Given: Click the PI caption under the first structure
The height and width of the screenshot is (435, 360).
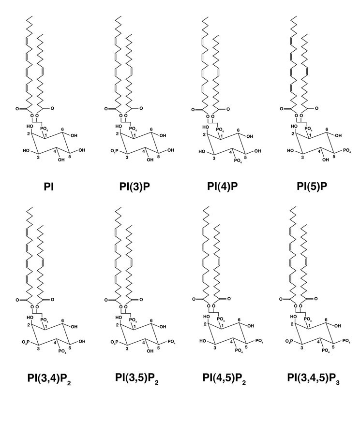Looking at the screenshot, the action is coord(48,187).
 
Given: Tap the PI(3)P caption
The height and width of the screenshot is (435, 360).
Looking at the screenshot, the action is coord(135,187).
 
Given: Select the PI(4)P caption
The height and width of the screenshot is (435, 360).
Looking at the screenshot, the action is coord(222,186).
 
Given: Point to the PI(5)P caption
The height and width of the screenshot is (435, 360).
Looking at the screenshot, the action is coord(312,186).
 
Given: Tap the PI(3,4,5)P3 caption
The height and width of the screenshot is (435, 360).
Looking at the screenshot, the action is coord(314,378).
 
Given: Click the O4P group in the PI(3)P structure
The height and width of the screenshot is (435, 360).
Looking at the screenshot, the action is coord(115,151).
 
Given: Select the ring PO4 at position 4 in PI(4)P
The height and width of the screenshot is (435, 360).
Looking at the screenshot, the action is coord(238,161).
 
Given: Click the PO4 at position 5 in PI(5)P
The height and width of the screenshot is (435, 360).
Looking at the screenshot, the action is coord(346,150).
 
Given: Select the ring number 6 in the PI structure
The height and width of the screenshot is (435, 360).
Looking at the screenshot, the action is coord(62,129).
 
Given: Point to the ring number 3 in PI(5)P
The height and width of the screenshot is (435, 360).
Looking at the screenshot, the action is coord(302,158).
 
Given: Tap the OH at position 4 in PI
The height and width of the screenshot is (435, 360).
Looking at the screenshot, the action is coord(61,160).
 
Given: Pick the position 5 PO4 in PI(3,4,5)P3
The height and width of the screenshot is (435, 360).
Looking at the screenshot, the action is coord(346,341).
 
